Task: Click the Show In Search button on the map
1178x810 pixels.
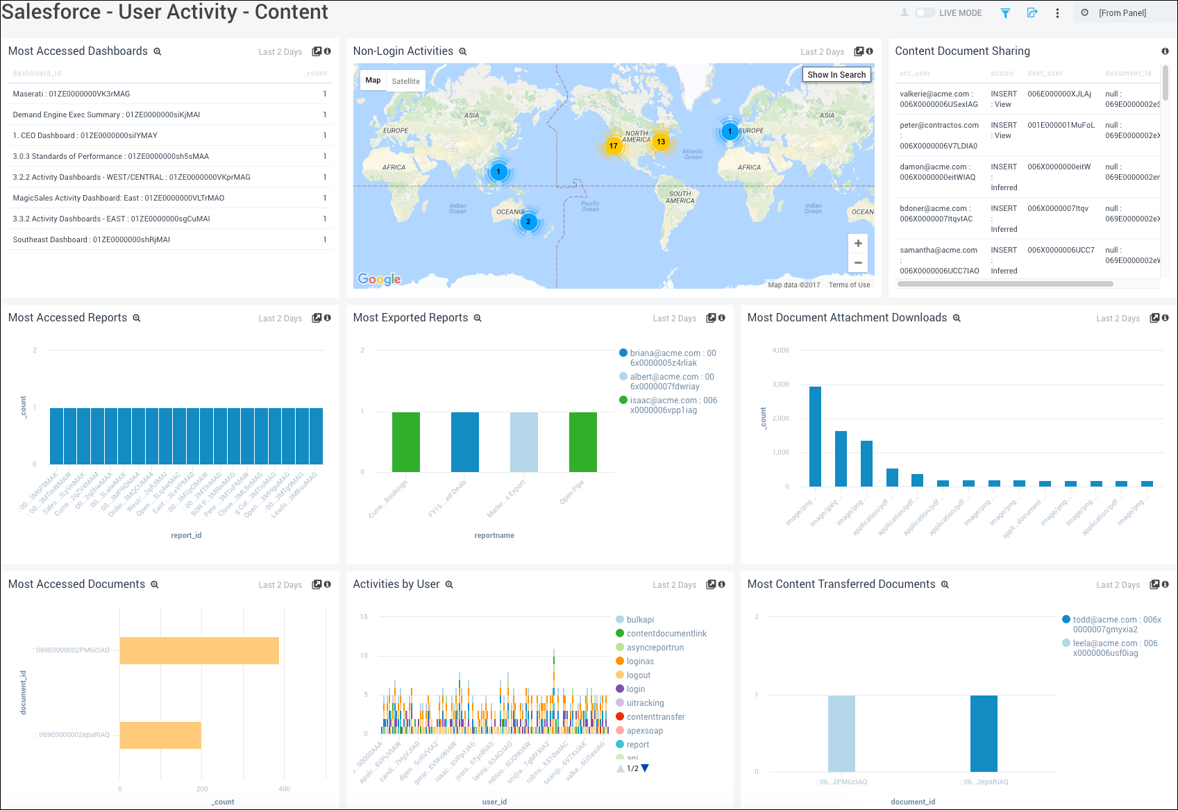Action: point(836,75)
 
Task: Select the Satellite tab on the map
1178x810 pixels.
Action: point(405,81)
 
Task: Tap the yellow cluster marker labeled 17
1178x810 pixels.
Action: point(613,146)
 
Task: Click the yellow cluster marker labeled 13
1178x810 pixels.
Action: point(661,142)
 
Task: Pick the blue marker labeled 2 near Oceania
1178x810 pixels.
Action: point(528,222)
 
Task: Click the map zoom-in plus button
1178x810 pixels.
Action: point(858,244)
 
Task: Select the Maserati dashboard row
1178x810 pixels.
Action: point(71,94)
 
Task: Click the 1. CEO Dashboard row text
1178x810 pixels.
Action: point(85,135)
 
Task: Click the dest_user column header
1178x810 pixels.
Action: point(1045,74)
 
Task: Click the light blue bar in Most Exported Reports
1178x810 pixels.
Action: point(523,441)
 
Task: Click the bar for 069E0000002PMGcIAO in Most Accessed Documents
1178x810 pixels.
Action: point(199,650)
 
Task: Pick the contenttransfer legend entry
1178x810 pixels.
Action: point(655,717)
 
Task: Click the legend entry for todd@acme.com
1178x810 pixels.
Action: point(1111,625)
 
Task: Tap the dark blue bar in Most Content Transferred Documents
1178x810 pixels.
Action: point(984,733)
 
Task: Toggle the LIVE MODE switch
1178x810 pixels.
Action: point(925,13)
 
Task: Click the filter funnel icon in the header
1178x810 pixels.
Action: point(1005,13)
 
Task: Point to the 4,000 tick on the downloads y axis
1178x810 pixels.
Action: point(780,351)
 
